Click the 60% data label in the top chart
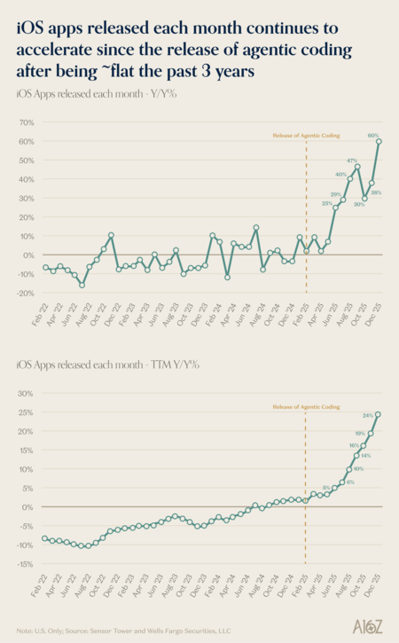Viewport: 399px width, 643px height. [373, 135]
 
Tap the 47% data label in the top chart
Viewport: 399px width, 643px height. [352, 161]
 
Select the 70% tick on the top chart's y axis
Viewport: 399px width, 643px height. [26, 123]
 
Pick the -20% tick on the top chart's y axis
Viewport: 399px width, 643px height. [24, 293]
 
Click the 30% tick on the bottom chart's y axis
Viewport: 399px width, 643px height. [26, 394]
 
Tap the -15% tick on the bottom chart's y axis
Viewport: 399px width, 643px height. [24, 564]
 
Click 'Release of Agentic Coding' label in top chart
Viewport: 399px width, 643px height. [306, 136]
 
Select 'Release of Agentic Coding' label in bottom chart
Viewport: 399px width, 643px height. [306, 406]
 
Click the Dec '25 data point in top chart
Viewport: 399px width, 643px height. [379, 141]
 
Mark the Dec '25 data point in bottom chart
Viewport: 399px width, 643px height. [379, 414]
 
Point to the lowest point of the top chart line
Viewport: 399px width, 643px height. [82, 285]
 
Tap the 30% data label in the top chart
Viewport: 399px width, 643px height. [360, 205]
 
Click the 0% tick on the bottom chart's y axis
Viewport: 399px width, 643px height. [28, 507]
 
